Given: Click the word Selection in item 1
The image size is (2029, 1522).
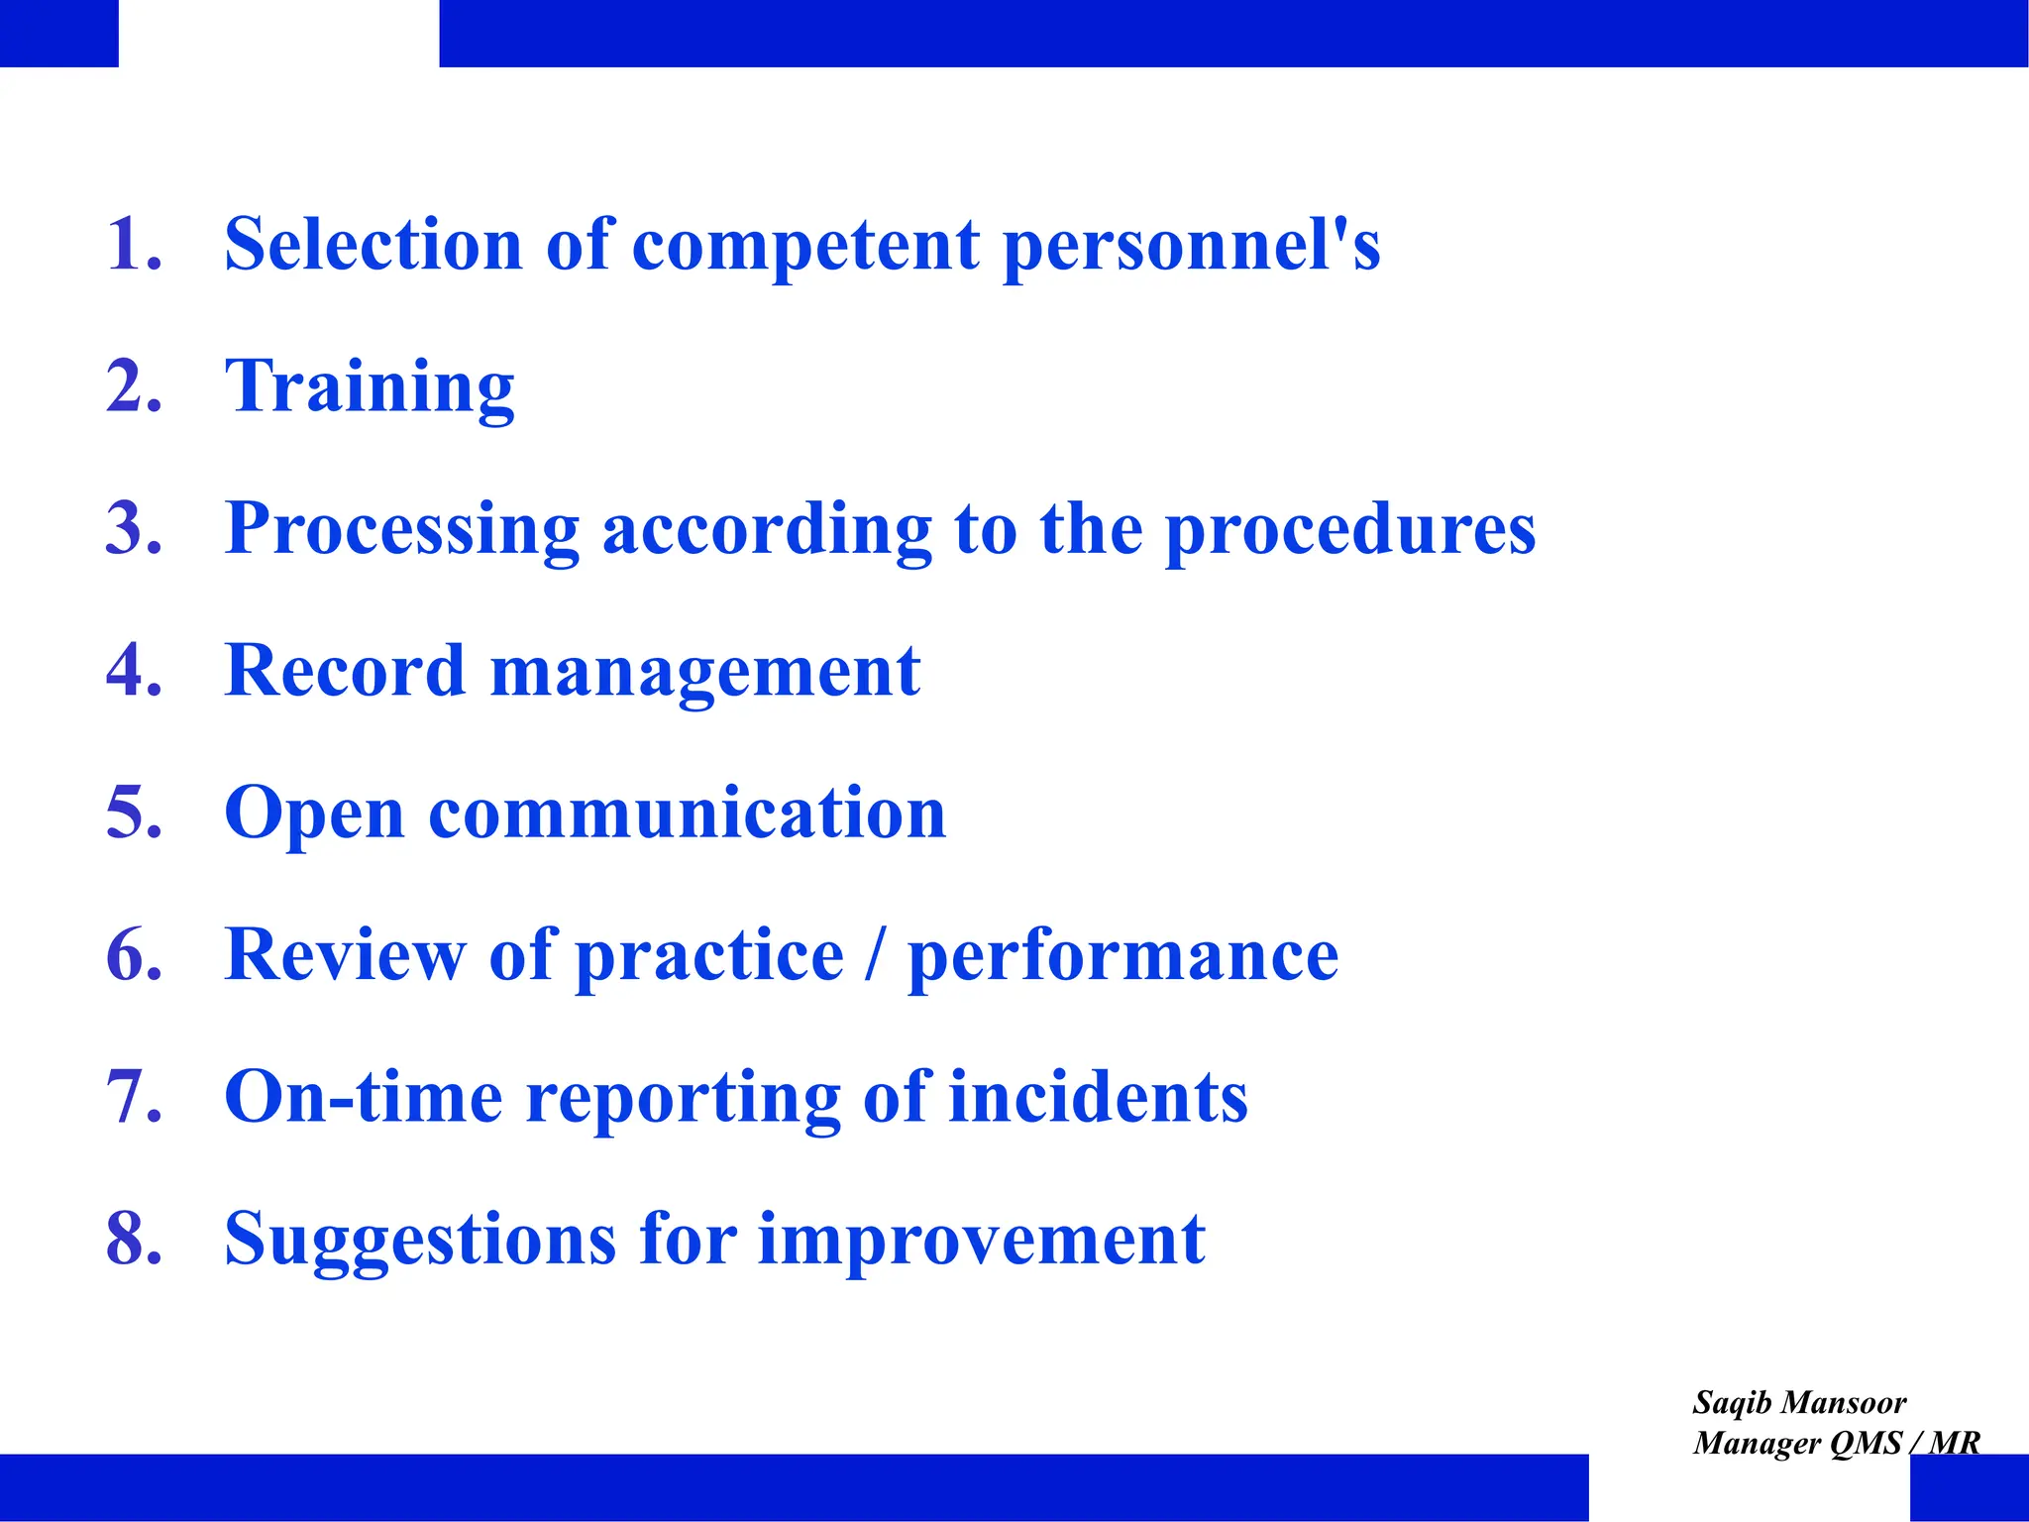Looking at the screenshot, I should coord(373,245).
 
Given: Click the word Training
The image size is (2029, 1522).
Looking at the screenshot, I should coord(370,388).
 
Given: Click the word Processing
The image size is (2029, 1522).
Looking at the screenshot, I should coord(401,531).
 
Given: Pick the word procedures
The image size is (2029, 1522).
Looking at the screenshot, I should coord(1349,531).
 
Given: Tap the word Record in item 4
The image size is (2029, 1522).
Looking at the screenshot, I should coord(344,671).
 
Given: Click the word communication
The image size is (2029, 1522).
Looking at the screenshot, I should coord(687,813).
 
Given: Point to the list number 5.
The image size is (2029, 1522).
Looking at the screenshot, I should coord(133,813).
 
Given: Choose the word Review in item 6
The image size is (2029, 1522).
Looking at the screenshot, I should coord(344,955).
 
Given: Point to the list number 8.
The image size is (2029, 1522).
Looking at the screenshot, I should coord(133,1239).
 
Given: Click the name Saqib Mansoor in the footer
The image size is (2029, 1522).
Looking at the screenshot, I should coord(1798,1403).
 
